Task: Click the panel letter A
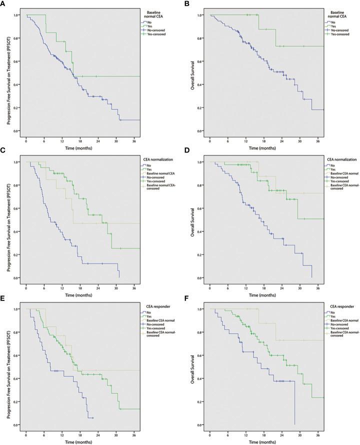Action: (x=3, y=4)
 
